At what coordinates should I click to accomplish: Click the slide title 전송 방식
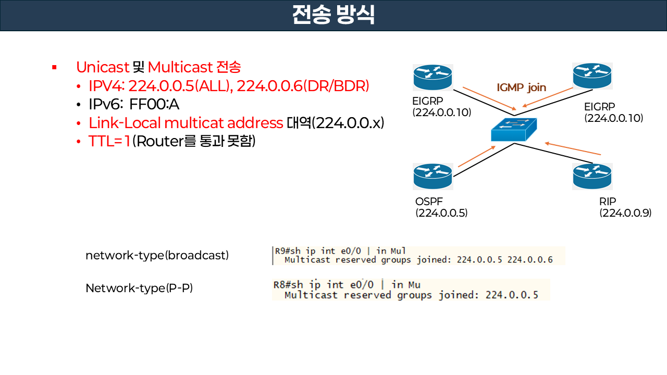[x=333, y=15]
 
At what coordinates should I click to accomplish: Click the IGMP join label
[x=521, y=87]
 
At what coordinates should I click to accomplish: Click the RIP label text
[x=608, y=202]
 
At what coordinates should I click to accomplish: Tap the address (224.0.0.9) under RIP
[x=625, y=213]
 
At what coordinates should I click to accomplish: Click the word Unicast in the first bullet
[x=102, y=67]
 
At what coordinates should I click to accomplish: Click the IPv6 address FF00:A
[x=154, y=105]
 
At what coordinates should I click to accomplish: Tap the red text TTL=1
[x=109, y=141]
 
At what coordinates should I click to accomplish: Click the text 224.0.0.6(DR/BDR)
[x=303, y=86]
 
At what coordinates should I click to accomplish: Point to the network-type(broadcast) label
[x=157, y=256]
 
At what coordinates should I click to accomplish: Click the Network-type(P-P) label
[x=139, y=288]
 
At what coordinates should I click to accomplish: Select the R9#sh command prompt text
[x=289, y=251]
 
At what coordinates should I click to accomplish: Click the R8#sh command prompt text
[x=289, y=285]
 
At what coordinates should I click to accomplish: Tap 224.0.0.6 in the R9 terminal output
[x=533, y=260]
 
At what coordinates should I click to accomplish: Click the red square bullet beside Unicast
[x=54, y=68]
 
